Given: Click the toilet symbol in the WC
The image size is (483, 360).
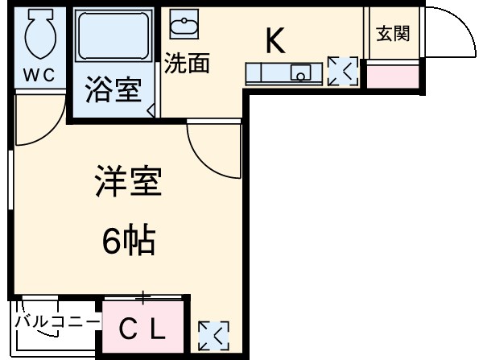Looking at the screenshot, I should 37,35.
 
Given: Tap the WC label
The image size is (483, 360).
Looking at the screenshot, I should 37,76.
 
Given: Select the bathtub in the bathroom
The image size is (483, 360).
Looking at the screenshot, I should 114,36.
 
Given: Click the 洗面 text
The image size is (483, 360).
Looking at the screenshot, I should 188,64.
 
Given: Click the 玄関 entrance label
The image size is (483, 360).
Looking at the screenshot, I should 392,34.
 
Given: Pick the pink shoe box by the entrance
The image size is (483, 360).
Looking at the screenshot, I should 393,75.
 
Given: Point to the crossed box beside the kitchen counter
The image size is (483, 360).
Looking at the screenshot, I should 343,72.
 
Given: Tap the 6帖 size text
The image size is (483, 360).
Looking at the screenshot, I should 129,239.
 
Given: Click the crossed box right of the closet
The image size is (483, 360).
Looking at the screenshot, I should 213,335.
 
